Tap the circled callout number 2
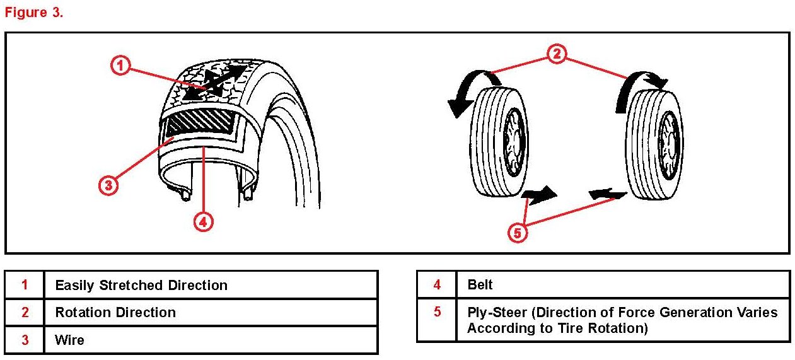[555, 55]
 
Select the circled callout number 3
[108, 185]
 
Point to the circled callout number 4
[202, 222]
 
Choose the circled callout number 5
[517, 233]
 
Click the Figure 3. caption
[34, 13]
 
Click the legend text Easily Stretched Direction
[141, 285]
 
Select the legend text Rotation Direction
[115, 312]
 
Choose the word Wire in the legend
[69, 340]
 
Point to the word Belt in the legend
[480, 284]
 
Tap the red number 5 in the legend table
[437, 312]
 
